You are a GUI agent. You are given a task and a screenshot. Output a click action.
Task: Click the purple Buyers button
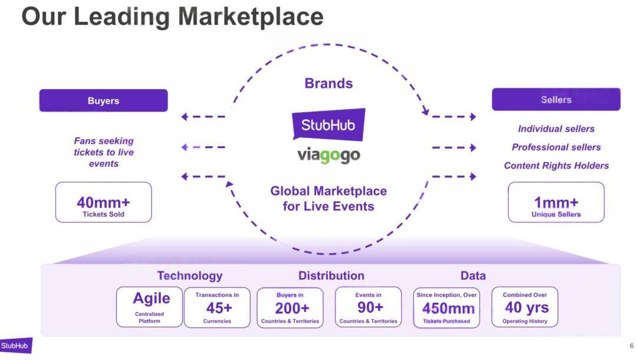click(103, 100)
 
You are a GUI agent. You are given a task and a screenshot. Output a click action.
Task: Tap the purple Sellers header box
click(556, 100)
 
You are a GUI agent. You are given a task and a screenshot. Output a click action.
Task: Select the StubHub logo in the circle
click(329, 125)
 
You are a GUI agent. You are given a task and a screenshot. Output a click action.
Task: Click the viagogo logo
click(329, 155)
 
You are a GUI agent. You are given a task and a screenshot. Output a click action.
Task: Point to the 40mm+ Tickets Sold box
click(103, 202)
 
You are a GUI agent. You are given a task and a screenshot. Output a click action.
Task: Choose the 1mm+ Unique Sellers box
click(556, 202)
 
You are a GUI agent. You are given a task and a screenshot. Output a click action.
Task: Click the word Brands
click(329, 83)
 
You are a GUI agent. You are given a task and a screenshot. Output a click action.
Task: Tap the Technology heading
click(190, 276)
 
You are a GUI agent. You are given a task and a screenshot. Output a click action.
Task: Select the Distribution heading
click(331, 276)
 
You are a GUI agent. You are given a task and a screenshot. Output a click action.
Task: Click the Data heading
click(473, 276)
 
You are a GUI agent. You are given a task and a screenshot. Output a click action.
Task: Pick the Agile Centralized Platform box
click(149, 307)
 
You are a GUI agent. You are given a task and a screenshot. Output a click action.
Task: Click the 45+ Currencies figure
click(219, 308)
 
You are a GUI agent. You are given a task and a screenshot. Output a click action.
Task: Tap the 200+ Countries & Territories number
click(292, 309)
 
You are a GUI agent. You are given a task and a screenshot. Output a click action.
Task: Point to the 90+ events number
click(370, 307)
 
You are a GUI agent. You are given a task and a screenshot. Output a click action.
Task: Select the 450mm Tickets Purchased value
click(448, 309)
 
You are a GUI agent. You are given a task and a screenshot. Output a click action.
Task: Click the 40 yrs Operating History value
click(527, 307)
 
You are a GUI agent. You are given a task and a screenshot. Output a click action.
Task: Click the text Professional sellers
click(556, 147)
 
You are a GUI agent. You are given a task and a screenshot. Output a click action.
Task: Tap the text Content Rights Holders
click(556, 165)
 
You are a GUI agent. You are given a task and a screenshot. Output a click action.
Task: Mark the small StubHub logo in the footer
click(16, 346)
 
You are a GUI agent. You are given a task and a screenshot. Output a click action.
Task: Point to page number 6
click(631, 346)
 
